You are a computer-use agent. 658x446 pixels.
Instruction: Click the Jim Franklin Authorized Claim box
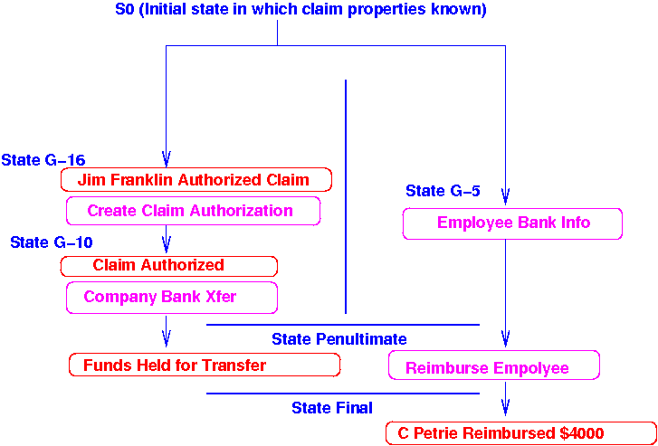pyautogui.click(x=195, y=179)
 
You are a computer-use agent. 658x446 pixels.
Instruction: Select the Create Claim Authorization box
pyautogui.click(x=193, y=211)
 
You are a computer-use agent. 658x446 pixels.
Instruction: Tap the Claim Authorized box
pyautogui.click(x=168, y=266)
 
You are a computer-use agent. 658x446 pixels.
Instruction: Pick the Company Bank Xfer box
pyautogui.click(x=172, y=297)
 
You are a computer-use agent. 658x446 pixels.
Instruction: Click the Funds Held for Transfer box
pyautogui.click(x=204, y=365)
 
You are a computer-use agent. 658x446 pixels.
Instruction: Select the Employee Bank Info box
pyautogui.click(x=512, y=223)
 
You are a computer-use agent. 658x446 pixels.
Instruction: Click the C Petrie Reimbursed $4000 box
pyautogui.click(x=520, y=433)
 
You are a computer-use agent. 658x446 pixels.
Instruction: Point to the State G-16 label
pyautogui.click(x=43, y=160)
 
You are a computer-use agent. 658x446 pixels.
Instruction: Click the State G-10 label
pyautogui.click(x=52, y=242)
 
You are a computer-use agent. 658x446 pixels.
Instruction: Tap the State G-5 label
pyautogui.click(x=443, y=191)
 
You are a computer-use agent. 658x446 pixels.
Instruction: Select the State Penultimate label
pyautogui.click(x=339, y=339)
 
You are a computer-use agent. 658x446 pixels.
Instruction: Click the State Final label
pyautogui.click(x=331, y=408)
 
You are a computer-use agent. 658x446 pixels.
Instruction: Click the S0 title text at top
pyautogui.click(x=301, y=10)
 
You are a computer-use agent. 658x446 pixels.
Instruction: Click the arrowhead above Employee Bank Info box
pyautogui.click(x=505, y=195)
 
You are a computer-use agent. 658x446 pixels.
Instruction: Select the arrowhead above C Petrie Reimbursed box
pyautogui.click(x=505, y=406)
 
